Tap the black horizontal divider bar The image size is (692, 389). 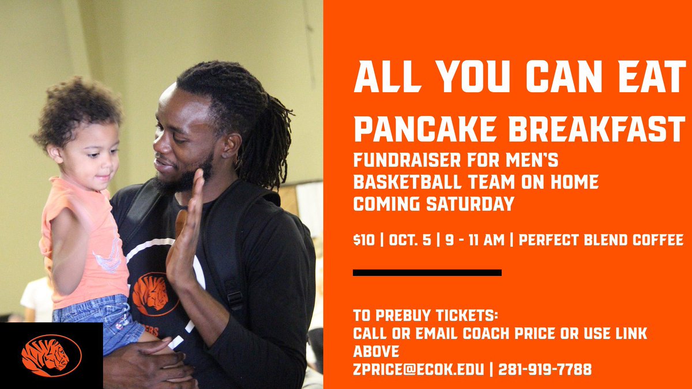(x=427, y=273)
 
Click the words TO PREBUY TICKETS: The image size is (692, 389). (x=426, y=317)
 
